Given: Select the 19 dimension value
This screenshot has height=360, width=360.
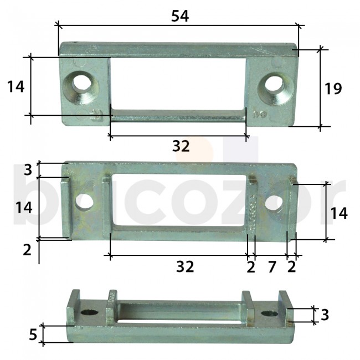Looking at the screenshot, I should (x=333, y=89).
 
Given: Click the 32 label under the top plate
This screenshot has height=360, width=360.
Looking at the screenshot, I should (x=181, y=146).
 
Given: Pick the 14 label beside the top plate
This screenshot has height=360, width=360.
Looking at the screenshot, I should (x=16, y=86).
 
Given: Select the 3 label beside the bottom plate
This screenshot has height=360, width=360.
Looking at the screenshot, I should (x=325, y=315).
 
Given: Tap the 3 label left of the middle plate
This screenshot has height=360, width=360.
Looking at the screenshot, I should (x=28, y=169).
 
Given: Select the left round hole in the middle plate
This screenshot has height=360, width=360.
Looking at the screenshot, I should (x=85, y=201).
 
